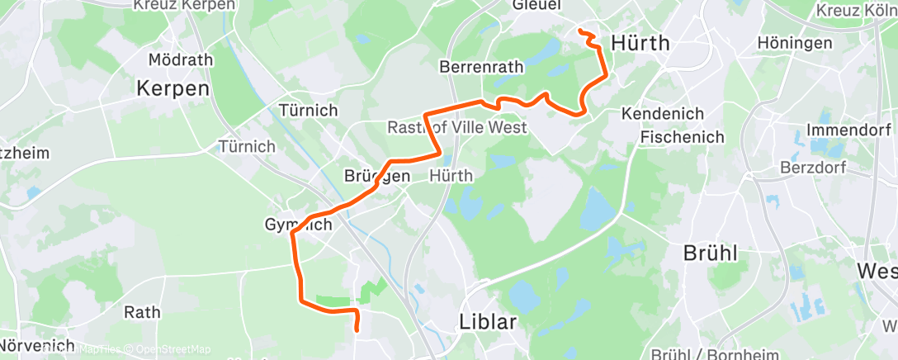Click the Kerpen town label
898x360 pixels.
(x=173, y=88)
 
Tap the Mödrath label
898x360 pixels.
(x=180, y=60)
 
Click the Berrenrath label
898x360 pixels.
(x=484, y=66)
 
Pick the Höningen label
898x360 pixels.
(x=796, y=43)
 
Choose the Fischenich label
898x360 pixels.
(x=682, y=137)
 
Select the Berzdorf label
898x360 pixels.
(x=813, y=168)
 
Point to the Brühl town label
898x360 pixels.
(x=711, y=253)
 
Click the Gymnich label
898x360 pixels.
(x=298, y=225)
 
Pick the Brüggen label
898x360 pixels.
(x=377, y=176)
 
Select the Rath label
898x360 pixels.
(x=142, y=312)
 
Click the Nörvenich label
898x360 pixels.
(x=37, y=345)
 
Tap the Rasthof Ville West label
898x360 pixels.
(x=456, y=128)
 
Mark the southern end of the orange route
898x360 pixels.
(x=357, y=329)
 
